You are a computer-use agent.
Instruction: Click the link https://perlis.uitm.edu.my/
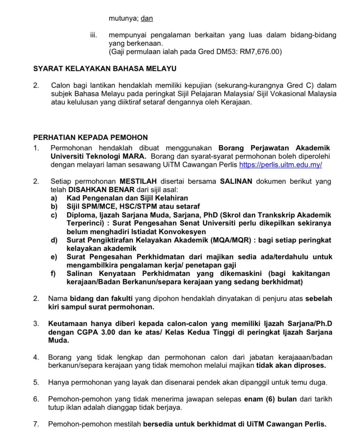coord(280,165)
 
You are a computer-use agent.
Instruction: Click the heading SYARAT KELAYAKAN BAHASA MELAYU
coord(105,69)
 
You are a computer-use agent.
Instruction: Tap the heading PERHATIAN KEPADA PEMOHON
coord(90,137)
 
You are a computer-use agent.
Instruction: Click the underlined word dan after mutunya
coord(147,18)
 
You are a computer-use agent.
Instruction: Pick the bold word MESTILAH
coord(138,182)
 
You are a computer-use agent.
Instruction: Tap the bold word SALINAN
coord(236,182)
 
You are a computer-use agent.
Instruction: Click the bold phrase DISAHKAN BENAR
coord(101,190)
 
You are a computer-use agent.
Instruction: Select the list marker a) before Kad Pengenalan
coord(54,198)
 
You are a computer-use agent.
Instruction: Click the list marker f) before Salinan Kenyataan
coord(54,274)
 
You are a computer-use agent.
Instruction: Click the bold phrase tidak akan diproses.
coord(291,365)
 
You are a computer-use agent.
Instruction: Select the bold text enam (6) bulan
coord(270,399)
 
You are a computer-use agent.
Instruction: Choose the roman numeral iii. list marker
coord(93,35)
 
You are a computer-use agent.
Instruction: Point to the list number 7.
coord(36,424)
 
